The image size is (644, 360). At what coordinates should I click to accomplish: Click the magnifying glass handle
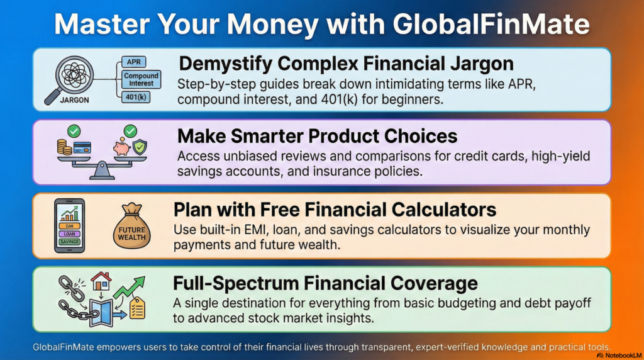coord(52,95)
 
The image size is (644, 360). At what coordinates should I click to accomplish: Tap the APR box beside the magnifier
coord(134,62)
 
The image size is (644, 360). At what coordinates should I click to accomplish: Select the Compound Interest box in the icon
coord(141,80)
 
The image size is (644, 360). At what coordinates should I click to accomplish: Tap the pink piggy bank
coord(121,147)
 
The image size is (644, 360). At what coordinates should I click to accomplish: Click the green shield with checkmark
coord(140,149)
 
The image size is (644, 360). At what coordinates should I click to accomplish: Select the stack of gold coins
coord(64,148)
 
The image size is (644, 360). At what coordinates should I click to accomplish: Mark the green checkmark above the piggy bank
coord(130,131)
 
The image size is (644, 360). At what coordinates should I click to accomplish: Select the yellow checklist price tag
coord(136,308)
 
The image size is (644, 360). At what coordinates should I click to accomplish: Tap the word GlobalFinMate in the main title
coord(491,24)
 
